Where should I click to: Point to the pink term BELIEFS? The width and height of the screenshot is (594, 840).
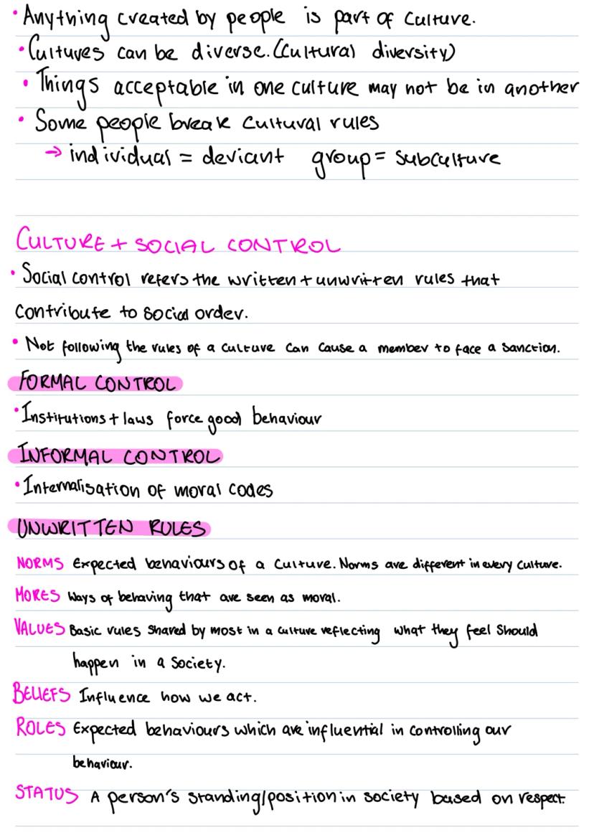pos(39,694)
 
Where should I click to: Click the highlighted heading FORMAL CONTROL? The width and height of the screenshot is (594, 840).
pos(93,384)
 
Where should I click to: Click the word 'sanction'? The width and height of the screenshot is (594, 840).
pos(530,350)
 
